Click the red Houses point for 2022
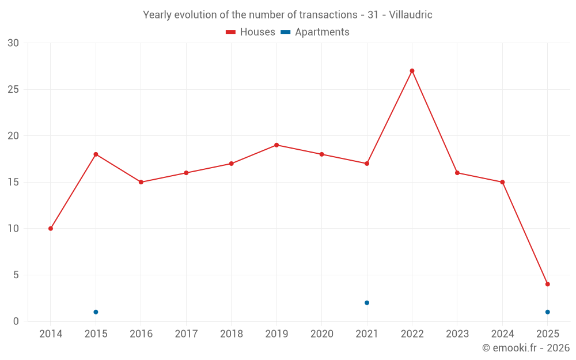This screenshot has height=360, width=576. point(412,71)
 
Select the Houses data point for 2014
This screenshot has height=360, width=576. point(51,229)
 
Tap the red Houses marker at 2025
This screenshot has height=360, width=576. point(547,284)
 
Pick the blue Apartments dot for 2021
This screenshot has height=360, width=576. point(367,302)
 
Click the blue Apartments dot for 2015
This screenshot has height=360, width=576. point(96,312)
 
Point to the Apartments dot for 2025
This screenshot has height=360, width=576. point(547,312)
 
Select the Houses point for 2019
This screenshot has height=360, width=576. point(276,145)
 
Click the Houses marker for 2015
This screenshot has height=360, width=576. point(96,154)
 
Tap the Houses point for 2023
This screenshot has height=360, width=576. point(457,173)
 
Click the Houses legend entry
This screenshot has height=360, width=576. point(251,32)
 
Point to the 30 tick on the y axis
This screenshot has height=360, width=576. point(13,43)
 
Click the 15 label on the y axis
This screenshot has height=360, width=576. point(13,183)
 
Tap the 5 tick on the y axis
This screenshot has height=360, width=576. point(16,275)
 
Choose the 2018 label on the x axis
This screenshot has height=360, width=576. point(231,334)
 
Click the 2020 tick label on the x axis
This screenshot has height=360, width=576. point(321,334)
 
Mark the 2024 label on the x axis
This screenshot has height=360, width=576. point(502,334)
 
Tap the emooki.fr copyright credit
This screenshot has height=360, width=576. point(525,348)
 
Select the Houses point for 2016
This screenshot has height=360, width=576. point(141,182)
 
